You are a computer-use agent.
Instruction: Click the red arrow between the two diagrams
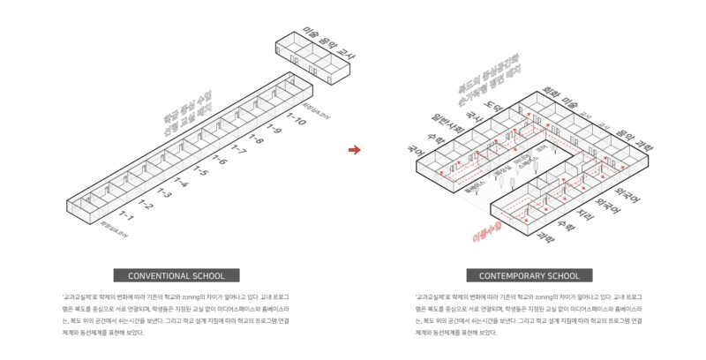click(x=355, y=150)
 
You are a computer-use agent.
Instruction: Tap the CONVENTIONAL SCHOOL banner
click(x=176, y=275)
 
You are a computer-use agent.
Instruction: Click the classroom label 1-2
click(x=145, y=205)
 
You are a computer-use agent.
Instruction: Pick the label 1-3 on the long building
click(x=163, y=193)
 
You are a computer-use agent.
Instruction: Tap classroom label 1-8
click(x=256, y=139)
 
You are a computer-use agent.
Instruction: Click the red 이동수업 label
click(x=486, y=232)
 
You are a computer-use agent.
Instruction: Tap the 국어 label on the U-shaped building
click(x=414, y=152)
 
